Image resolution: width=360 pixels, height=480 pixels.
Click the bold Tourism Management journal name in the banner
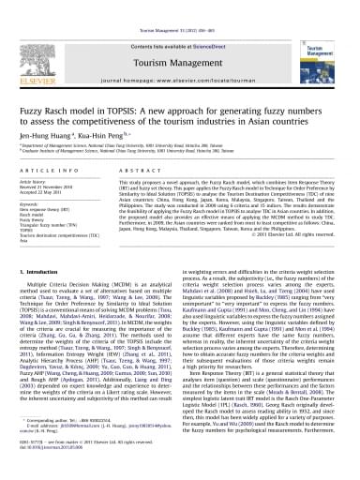(178, 43)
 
